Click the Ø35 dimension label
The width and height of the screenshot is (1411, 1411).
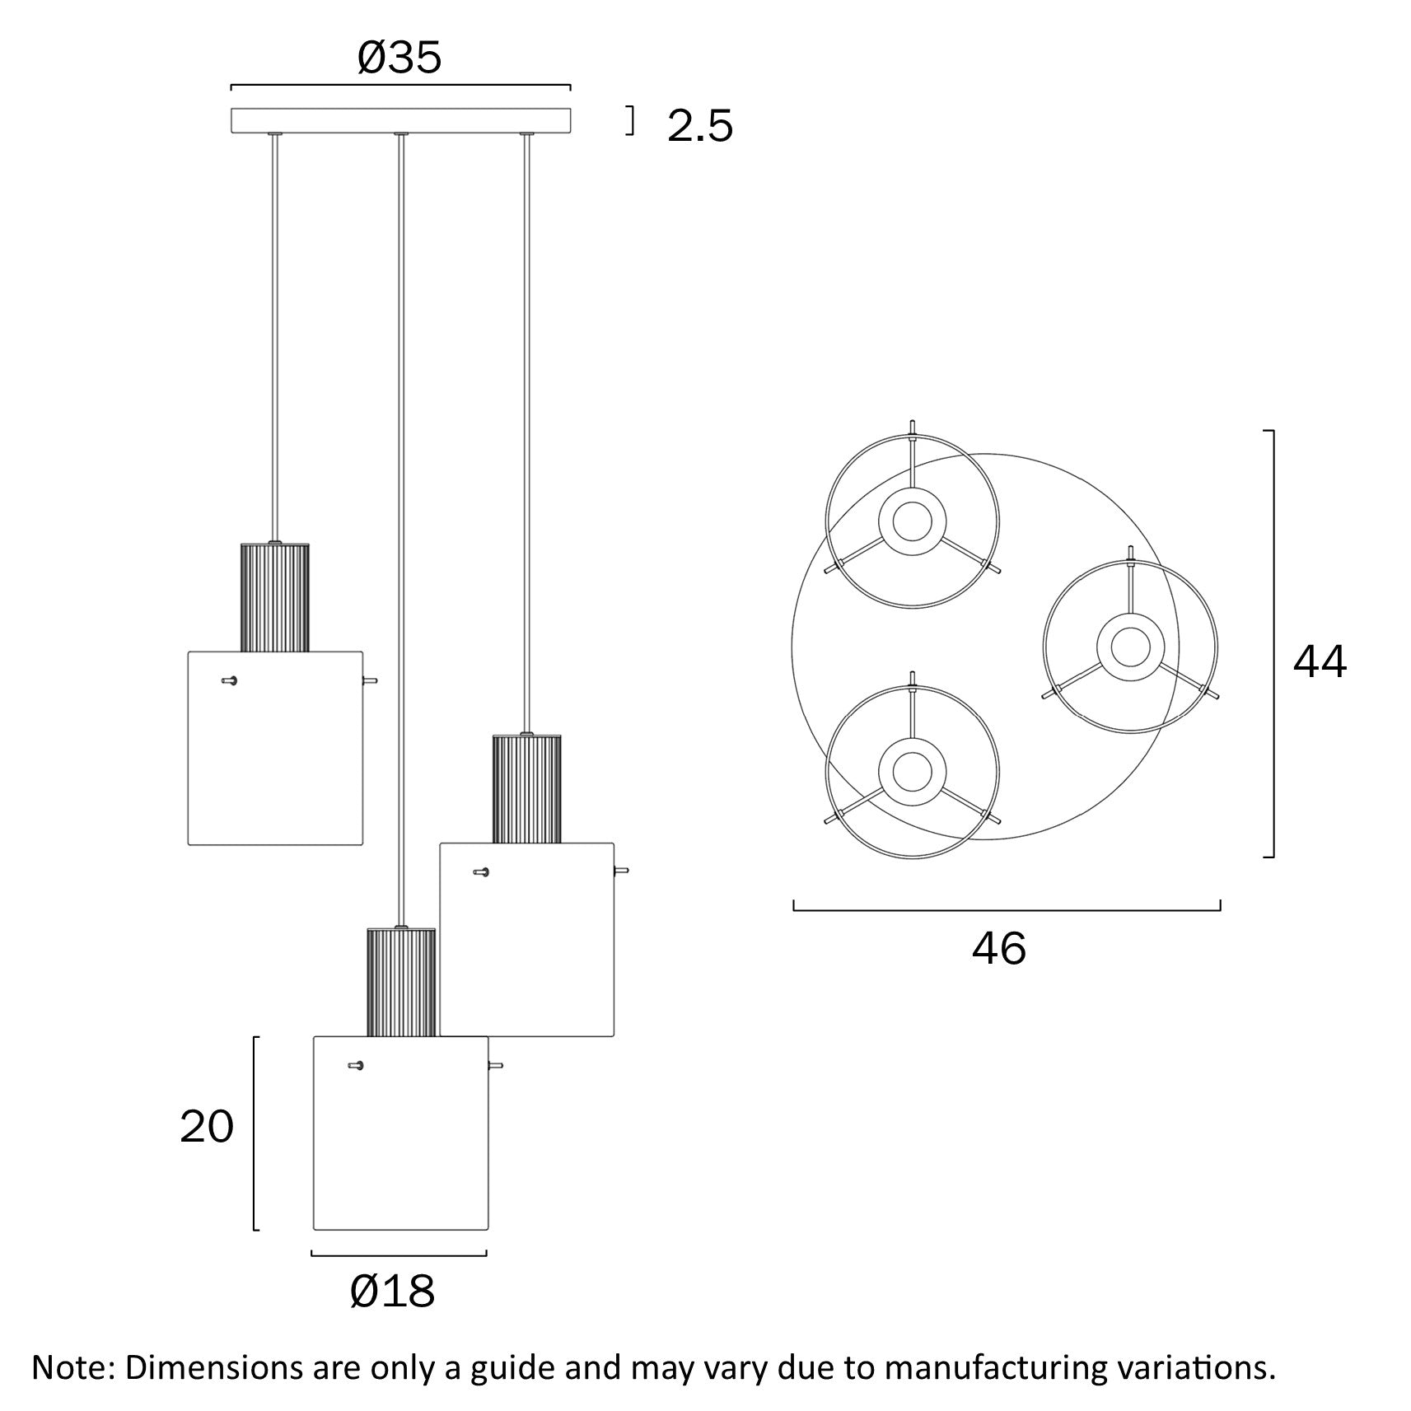tap(399, 58)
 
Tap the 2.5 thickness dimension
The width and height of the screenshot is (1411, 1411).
tap(699, 126)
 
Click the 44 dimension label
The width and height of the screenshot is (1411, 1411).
tap(1320, 661)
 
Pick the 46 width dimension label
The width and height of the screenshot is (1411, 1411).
tap(998, 948)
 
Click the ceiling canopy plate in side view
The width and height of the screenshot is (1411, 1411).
tap(400, 120)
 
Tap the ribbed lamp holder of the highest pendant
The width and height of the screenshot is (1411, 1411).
tap(274, 597)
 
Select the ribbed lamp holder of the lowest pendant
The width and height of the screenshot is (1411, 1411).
tap(400, 982)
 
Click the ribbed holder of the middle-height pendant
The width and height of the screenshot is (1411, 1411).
tap(526, 788)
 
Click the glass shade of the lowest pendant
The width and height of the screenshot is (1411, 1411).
tap(400, 1145)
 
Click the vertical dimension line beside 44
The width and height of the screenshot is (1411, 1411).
tap(1273, 643)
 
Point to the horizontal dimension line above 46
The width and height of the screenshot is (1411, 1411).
tap(1007, 910)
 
